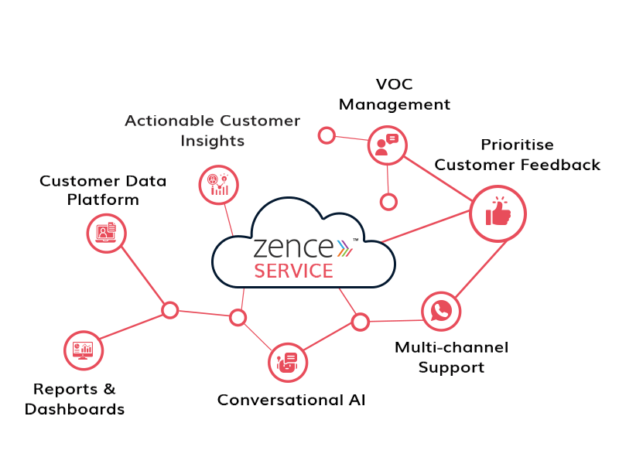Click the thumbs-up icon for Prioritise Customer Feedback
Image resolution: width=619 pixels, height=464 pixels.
tap(498, 214)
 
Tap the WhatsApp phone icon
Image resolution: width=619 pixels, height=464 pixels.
tap(441, 311)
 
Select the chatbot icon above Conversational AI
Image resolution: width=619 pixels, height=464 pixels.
tap(288, 362)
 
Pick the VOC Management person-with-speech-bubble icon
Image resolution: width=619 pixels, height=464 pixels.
tap(386, 145)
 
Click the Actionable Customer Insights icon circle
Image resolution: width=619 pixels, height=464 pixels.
tap(218, 185)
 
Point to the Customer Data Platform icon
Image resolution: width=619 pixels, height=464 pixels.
tap(106, 232)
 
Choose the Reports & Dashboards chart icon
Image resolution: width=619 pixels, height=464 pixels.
tap(83, 350)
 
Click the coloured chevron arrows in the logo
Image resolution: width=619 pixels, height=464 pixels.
tap(344, 247)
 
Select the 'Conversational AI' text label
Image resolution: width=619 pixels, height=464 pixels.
tap(291, 400)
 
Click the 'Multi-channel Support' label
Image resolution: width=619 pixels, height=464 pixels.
tap(451, 357)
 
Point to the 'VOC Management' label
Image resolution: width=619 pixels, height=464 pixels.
tap(394, 94)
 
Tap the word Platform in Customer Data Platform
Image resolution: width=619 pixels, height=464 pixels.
tap(103, 200)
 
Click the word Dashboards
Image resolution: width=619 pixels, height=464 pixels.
tap(74, 410)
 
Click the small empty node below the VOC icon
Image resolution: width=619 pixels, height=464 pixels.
tap(388, 202)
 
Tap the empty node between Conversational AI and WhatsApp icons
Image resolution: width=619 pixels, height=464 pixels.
tap(360, 322)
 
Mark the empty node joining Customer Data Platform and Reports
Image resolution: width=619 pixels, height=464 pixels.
tap(169, 310)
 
